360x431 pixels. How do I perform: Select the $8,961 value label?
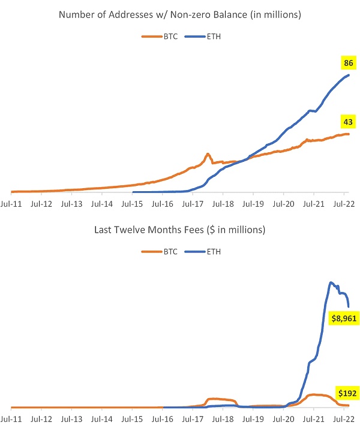pyautogui.click(x=344, y=319)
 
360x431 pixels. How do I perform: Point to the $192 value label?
pyautogui.click(x=346, y=394)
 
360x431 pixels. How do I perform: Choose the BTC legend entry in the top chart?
pyautogui.click(x=157, y=37)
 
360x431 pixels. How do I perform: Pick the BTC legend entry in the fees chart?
pyautogui.click(x=157, y=252)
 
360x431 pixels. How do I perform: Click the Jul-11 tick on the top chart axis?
pyautogui.click(x=13, y=203)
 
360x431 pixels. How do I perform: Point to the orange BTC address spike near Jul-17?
pyautogui.click(x=208, y=154)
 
